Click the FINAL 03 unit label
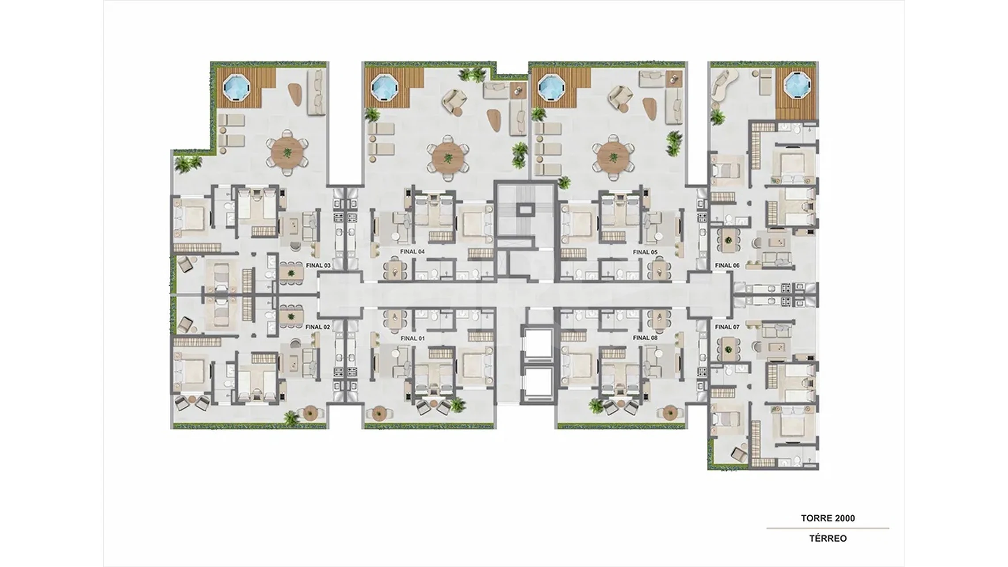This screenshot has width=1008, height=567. (x=318, y=266)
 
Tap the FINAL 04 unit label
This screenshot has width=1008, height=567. (x=412, y=251)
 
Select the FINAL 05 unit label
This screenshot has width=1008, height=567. (x=645, y=252)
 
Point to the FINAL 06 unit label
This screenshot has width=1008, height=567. (x=727, y=265)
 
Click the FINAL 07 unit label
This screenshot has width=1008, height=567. (x=727, y=327)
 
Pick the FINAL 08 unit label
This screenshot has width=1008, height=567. (x=645, y=338)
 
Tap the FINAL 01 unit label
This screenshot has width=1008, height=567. (x=412, y=338)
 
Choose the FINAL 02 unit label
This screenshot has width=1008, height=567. (x=318, y=327)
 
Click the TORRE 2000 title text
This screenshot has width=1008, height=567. (x=828, y=518)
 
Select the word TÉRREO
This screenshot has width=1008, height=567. (x=828, y=538)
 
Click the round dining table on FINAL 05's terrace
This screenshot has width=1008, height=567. (x=613, y=157)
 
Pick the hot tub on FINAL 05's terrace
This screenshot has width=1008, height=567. (x=550, y=87)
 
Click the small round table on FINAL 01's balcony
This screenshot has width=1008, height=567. (x=378, y=413)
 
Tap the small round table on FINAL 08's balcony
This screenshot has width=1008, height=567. (x=670, y=413)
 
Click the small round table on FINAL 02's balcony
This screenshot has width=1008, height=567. (x=311, y=413)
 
